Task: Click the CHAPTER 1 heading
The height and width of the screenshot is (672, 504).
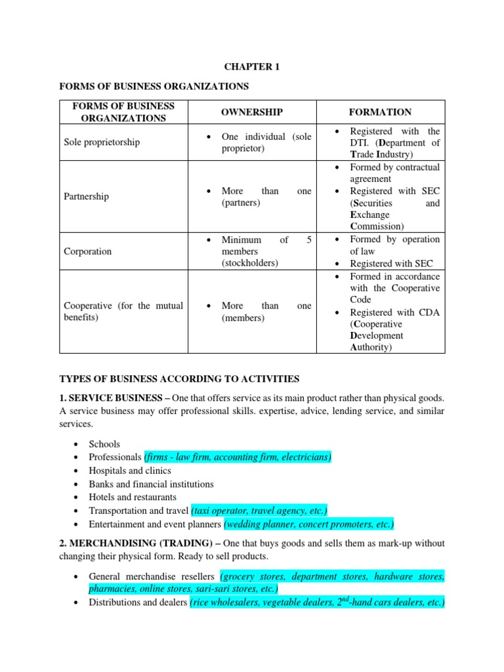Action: (x=251, y=66)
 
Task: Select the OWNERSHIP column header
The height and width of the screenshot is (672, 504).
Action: (x=251, y=112)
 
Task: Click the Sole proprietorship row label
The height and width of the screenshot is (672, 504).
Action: (x=101, y=142)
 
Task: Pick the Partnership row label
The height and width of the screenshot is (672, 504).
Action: (x=86, y=197)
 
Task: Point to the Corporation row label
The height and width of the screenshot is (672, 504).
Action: (x=87, y=251)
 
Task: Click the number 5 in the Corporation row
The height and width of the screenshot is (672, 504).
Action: (x=308, y=240)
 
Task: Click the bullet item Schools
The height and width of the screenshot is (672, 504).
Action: (x=104, y=444)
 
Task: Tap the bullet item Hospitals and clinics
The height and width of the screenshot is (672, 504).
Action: (x=130, y=471)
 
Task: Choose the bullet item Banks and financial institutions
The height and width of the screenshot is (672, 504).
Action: (x=151, y=484)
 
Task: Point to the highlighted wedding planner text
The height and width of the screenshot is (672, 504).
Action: (x=309, y=524)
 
